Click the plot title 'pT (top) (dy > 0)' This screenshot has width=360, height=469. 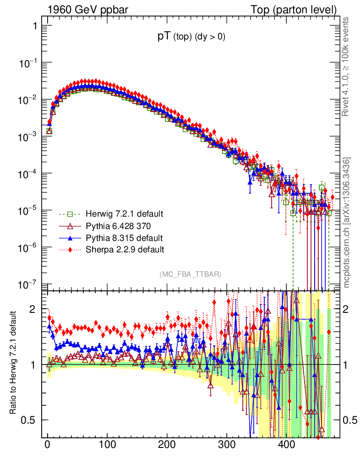(x=191, y=38)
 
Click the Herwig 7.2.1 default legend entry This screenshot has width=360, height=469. (x=118, y=214)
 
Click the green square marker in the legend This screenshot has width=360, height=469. (x=70, y=214)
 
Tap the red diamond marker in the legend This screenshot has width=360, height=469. (x=70, y=250)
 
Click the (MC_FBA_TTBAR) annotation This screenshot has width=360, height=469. (x=191, y=274)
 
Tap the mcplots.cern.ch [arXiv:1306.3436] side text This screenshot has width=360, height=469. (x=347, y=223)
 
